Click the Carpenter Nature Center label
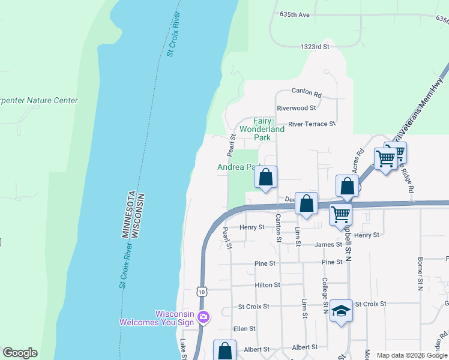39,100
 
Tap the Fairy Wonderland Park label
262,129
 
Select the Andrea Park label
240,167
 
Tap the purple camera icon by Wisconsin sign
203,317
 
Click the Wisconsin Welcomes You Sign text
157,318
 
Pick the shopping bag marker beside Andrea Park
266,178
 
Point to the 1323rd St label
315,46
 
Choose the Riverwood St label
296,108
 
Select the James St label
328,244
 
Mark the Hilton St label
267,285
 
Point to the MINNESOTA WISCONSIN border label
130,215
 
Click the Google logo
20,353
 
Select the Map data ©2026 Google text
411,355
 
